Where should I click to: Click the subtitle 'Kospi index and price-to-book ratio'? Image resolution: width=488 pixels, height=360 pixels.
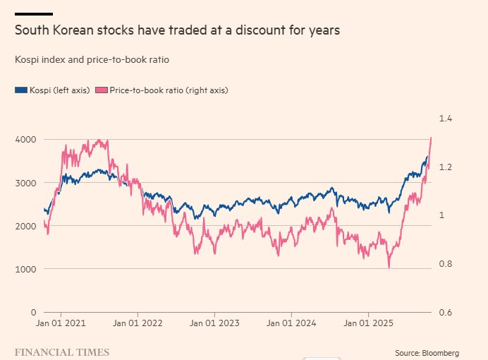92,60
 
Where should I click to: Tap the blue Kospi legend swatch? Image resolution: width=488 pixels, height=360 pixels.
20,90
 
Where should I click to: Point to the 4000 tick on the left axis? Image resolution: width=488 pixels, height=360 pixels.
25,140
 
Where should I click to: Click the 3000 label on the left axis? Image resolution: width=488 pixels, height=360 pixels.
25,183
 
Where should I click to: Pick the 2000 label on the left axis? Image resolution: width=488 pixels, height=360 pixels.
25,226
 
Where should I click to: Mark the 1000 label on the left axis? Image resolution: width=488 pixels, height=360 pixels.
25,269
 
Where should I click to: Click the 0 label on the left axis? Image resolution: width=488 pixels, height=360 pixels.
33,312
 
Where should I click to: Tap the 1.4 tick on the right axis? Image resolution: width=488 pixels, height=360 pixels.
446,119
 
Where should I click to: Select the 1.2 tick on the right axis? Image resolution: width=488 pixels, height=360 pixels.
446,167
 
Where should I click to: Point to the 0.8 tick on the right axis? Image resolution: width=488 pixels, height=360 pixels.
446,264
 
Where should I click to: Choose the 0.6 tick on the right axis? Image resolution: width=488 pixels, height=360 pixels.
446,312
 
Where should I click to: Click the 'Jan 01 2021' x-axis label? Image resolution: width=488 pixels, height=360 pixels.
61,323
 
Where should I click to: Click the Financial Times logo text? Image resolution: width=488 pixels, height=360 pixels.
62,351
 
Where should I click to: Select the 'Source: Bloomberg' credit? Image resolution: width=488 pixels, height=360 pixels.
427,352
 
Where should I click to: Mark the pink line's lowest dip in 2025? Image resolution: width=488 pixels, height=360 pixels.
389,268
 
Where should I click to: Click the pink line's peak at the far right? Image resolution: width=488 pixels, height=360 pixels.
431,138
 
